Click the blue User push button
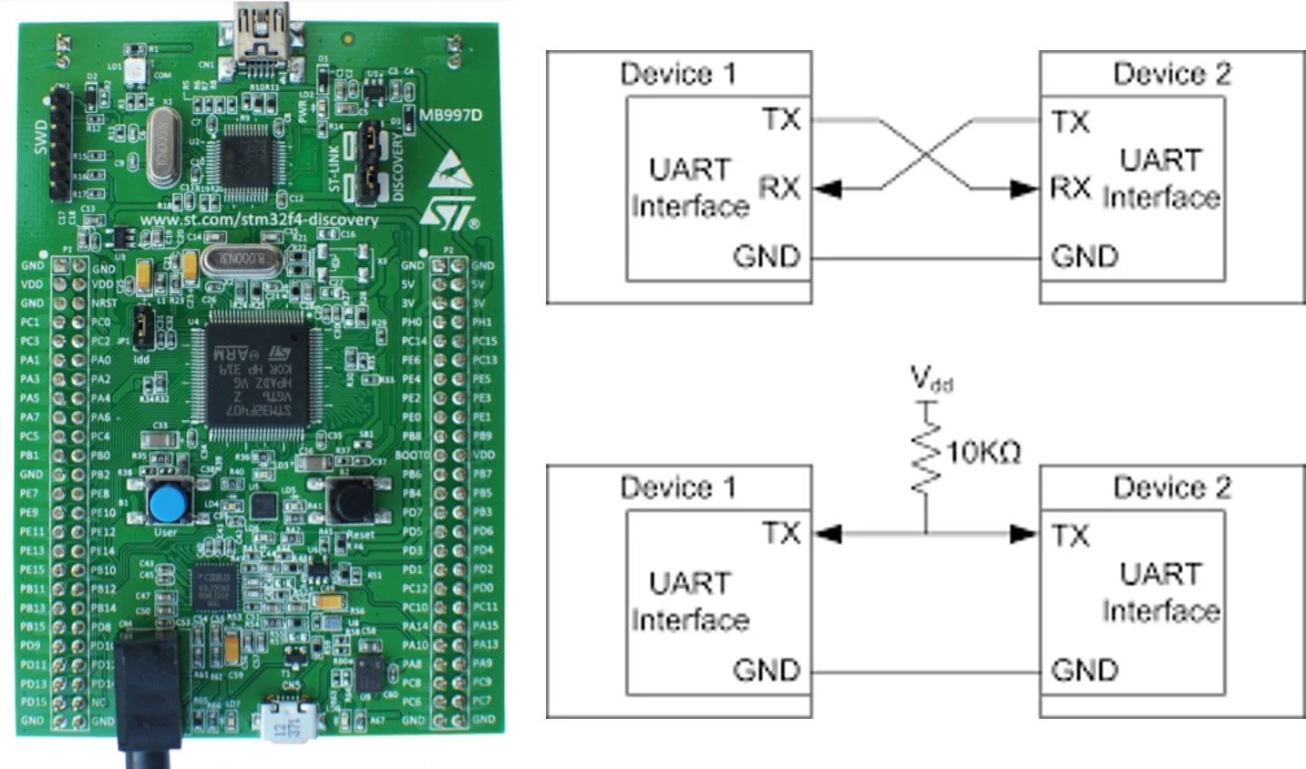click(166, 501)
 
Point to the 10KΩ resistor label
click(984, 451)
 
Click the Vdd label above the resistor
click(931, 379)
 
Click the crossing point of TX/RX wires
click(926, 154)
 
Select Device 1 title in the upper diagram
click(677, 74)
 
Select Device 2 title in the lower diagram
click(1171, 487)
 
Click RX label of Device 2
click(1070, 189)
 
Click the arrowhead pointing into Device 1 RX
click(827, 189)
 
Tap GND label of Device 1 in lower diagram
click(766, 671)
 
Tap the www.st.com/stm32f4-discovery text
click(259, 220)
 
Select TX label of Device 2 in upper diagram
click(1070, 121)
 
